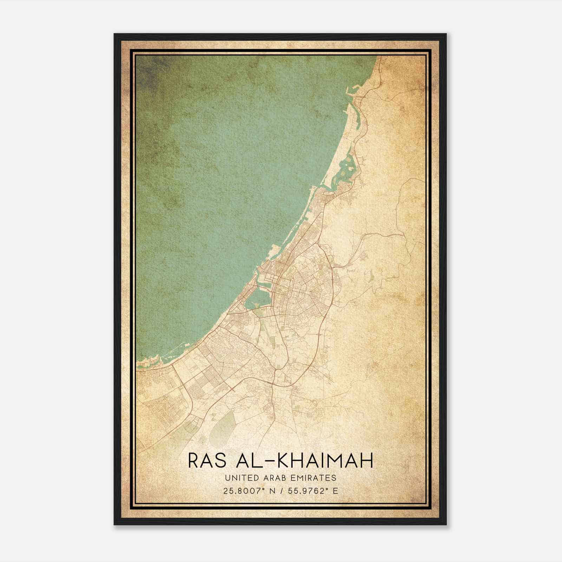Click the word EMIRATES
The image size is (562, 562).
[x=313, y=478]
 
